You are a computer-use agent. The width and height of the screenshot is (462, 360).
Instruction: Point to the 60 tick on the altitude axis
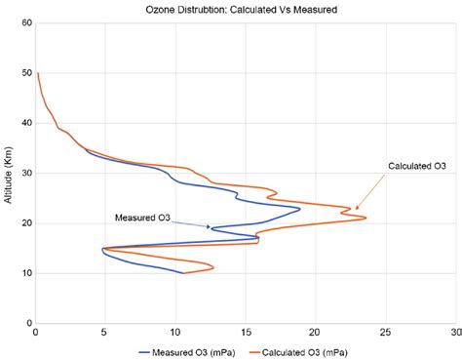[25, 22]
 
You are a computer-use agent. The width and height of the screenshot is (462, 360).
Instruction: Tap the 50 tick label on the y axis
[25, 73]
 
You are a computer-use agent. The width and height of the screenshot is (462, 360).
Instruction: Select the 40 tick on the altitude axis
[25, 123]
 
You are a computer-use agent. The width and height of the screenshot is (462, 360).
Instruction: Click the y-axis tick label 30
[25, 173]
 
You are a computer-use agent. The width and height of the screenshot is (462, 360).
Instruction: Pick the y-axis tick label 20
[25, 223]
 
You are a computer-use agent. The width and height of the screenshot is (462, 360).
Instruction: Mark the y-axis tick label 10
[25, 273]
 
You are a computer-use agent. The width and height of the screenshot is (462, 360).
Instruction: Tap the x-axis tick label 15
[245, 333]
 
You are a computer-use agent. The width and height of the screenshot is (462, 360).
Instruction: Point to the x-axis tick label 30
[453, 333]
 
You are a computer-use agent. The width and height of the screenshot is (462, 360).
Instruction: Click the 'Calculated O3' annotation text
[417, 166]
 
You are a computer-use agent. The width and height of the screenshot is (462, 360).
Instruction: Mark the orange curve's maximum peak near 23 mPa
[366, 218]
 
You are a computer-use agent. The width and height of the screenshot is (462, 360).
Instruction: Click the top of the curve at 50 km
[37, 73]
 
